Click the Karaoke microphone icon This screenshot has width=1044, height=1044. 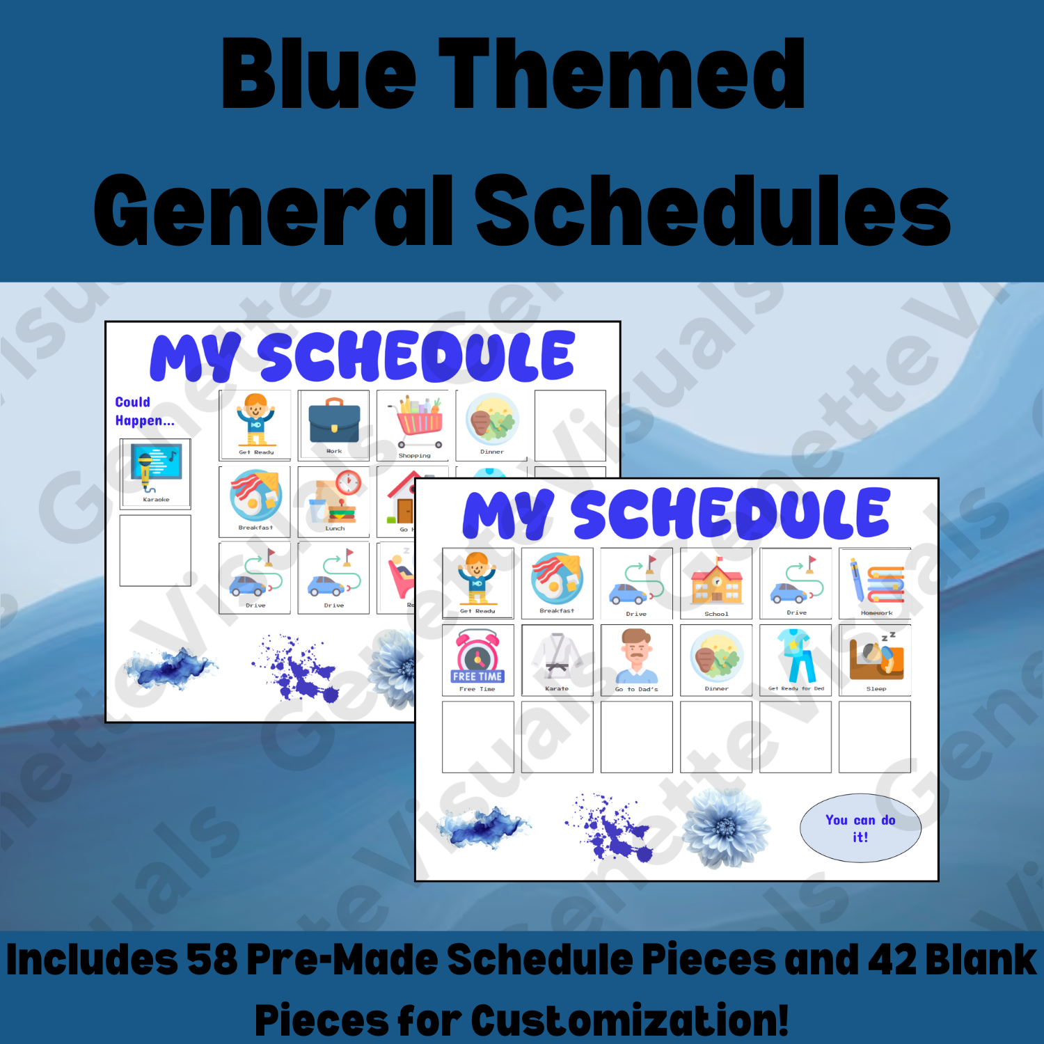click(x=155, y=468)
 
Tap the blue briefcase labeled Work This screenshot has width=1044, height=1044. click(x=334, y=422)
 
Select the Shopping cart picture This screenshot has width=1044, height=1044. click(x=418, y=422)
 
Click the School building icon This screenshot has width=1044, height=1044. click(x=716, y=582)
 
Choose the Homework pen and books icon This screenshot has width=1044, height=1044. click(x=875, y=580)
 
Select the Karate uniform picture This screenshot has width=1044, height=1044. click(x=557, y=656)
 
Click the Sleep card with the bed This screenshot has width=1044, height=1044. click(x=876, y=657)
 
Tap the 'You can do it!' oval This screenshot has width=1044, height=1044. click(x=860, y=828)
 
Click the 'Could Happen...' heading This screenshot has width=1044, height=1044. click(x=144, y=411)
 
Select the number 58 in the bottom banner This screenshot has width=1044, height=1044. click(x=212, y=960)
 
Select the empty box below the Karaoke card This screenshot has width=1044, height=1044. click(x=155, y=551)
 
